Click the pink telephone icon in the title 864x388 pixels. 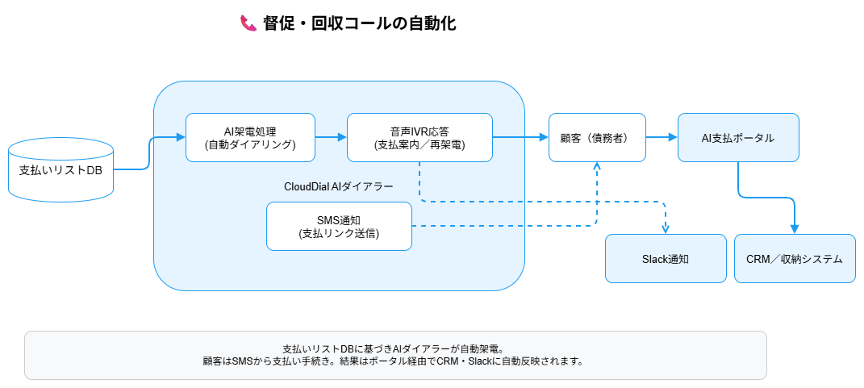point(248,23)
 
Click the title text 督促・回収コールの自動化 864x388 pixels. point(359,23)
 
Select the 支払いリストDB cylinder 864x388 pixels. point(61,169)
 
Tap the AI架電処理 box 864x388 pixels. point(250,137)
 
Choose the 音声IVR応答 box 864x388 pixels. point(419,137)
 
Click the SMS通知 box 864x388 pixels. point(339,226)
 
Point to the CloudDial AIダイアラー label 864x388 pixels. point(339,186)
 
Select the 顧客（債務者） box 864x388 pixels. point(597,137)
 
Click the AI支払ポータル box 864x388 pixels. point(738,137)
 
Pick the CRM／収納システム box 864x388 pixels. point(795,258)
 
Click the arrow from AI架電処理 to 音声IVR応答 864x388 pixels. point(331,137)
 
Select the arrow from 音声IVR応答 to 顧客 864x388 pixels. point(520,137)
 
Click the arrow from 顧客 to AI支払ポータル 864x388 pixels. point(662,137)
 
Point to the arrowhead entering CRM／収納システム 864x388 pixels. point(795,228)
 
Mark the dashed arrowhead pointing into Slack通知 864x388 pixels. point(666,228)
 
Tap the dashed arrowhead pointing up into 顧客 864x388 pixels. point(597,167)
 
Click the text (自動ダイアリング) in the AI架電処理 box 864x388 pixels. point(250,145)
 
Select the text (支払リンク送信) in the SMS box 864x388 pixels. point(339,234)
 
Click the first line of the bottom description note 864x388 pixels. point(395,348)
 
